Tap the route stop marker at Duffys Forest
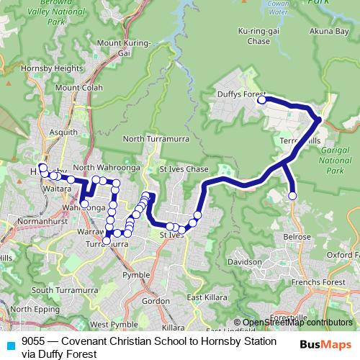click(262, 100)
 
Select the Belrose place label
click(297, 237)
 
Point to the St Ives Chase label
click(184, 168)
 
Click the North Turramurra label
click(150, 138)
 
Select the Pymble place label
click(136, 275)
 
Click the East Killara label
click(204, 297)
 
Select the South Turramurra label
click(65, 289)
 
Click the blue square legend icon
click(9, 345)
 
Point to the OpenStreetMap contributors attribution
click(297, 322)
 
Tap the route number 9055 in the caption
click(34, 340)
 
